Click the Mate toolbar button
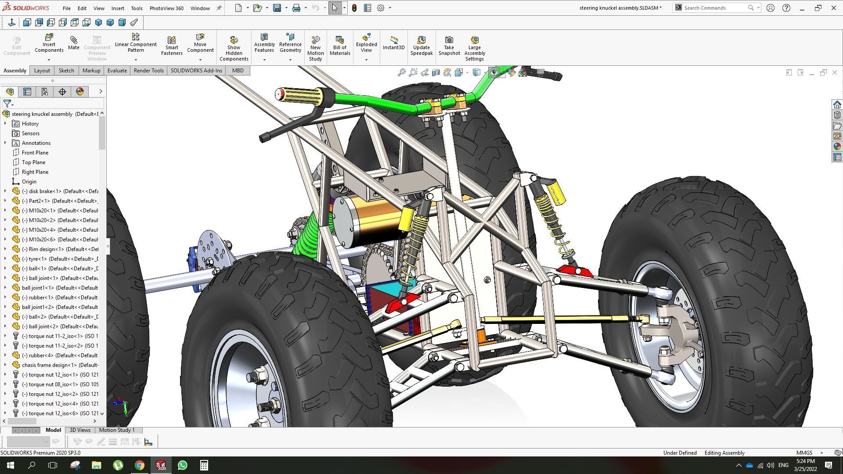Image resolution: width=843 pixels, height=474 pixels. tap(73, 43)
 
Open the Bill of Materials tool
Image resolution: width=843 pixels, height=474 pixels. tap(340, 46)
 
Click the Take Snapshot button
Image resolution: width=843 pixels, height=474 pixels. tap(449, 46)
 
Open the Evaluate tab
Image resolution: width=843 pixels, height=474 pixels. tap(117, 71)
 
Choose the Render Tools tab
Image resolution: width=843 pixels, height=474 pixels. tap(148, 71)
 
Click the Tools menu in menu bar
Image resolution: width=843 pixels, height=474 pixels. tap(137, 8)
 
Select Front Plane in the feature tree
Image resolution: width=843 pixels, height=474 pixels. tap(35, 153)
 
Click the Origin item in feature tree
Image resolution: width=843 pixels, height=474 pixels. tap(29, 182)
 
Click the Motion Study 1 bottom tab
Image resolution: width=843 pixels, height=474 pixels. tap(117, 430)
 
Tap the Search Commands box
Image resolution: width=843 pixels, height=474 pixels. tap(713, 8)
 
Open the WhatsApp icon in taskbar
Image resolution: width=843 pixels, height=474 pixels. tap(183, 465)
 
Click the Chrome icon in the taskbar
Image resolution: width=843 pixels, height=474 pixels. tap(140, 465)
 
